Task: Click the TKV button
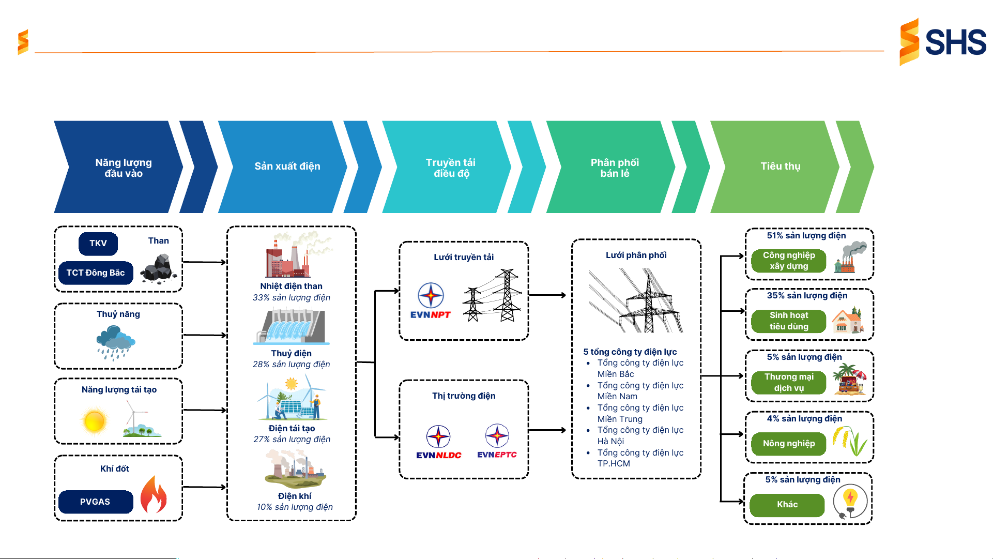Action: pos(98,244)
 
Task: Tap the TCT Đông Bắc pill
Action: pos(96,273)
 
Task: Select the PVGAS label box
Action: pos(96,502)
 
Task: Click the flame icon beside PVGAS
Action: pos(154,495)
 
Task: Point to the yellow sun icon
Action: pos(95,420)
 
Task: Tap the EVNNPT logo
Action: pos(431,300)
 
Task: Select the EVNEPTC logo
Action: pos(497,441)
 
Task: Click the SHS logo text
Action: pos(955,42)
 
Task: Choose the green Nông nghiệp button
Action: pos(788,444)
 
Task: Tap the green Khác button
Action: pos(787,505)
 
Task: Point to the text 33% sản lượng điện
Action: pos(291,298)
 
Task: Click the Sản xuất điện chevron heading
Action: pos(287,167)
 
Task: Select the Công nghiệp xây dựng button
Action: pos(788,261)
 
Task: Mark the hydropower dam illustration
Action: pos(291,327)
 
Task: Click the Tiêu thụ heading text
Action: pos(780,167)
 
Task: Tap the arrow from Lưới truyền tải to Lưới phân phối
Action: pos(547,295)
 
